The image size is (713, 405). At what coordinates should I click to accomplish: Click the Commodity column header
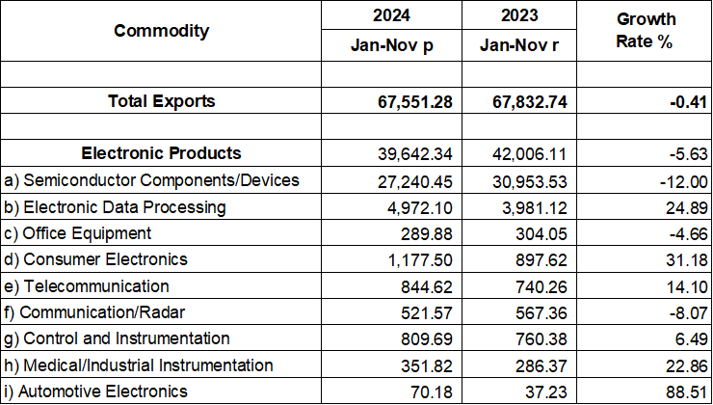[161, 31]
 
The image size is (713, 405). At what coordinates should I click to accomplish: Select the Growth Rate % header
[646, 31]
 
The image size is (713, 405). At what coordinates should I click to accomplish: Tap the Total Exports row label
[161, 101]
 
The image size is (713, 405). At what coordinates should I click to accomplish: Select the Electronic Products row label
[161, 153]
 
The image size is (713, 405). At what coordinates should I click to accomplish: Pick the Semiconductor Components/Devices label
[152, 180]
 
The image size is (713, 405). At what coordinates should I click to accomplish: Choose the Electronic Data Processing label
[115, 207]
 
